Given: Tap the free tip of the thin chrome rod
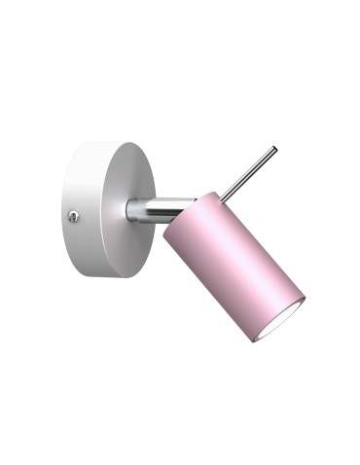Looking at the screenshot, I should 275,149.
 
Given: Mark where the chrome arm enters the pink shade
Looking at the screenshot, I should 179,210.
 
